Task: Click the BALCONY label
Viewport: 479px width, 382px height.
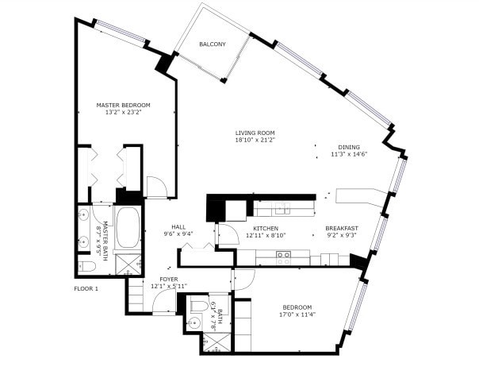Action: click(213, 44)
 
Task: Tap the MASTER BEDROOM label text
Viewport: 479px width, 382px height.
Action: click(123, 105)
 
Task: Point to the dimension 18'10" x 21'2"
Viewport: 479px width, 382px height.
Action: click(255, 140)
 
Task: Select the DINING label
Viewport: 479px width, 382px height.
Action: click(349, 147)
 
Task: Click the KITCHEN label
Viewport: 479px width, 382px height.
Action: click(266, 229)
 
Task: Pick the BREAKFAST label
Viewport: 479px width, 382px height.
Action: click(342, 229)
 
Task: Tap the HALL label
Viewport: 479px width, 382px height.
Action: click(178, 227)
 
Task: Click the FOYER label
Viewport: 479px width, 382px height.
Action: click(169, 280)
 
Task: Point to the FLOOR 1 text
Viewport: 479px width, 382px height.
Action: click(86, 289)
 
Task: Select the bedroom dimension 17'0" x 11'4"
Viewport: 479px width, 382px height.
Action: click(297, 314)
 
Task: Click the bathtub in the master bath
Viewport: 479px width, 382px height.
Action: click(128, 227)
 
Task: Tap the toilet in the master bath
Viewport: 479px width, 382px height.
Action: click(86, 266)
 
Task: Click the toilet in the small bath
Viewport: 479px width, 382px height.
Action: click(199, 306)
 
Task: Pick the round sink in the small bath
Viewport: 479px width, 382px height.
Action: click(194, 322)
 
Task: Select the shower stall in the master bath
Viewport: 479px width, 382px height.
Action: click(128, 264)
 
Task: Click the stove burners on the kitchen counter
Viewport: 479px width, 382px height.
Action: click(283, 258)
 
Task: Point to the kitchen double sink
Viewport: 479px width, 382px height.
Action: click(282, 209)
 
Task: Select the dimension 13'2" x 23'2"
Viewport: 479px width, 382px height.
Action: click(123, 112)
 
